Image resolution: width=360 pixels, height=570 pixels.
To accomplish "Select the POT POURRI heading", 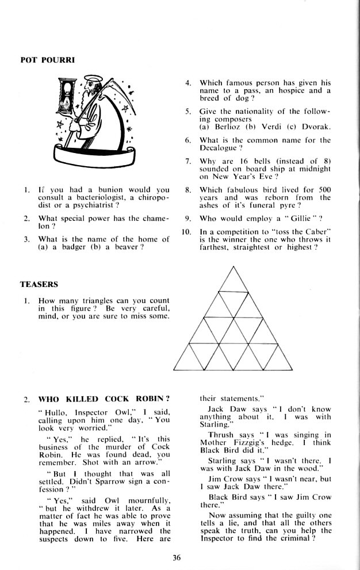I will [43, 59].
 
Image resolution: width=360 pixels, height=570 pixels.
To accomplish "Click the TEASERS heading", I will [39, 285].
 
